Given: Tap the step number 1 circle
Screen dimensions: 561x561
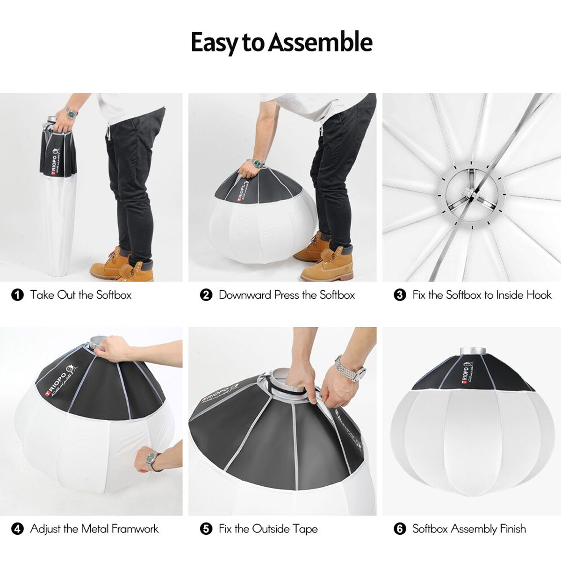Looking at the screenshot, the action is click(17, 295).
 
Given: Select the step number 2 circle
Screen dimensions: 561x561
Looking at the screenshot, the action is click(206, 295).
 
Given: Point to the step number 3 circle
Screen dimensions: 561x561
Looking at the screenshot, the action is click(400, 295).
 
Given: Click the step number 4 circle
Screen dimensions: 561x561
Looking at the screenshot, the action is click(17, 529).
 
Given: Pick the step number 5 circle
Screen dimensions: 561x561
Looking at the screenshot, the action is click(206, 529).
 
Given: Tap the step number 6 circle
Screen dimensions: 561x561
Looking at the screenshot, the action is click(400, 529).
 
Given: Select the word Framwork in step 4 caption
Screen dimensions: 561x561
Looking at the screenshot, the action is click(135, 528).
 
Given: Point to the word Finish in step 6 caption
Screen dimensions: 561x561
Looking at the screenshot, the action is click(513, 528).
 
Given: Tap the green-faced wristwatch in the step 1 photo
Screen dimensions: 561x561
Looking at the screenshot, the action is click(72, 113).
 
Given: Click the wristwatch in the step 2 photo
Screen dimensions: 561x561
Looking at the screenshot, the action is click(258, 163).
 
